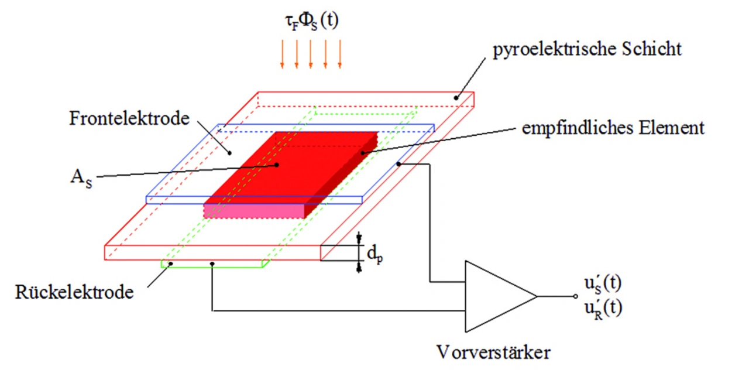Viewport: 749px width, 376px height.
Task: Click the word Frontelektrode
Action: point(129,118)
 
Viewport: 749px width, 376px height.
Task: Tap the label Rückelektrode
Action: point(74,292)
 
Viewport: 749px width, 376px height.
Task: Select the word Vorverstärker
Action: point(493,352)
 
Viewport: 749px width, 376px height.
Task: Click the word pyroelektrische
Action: point(554,50)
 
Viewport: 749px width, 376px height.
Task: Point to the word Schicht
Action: point(652,49)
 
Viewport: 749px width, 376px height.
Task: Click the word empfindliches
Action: point(578,128)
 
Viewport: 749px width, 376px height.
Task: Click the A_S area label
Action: point(81,178)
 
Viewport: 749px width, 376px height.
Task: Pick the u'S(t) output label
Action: point(603,283)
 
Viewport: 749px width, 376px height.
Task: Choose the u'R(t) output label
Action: point(603,308)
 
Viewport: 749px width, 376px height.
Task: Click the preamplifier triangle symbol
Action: point(500,296)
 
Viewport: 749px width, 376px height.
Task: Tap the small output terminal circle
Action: point(575,296)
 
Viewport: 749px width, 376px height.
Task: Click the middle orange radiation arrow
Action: point(311,54)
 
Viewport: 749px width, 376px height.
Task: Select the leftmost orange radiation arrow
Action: point(282,54)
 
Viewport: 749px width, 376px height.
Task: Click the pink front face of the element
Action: point(254,211)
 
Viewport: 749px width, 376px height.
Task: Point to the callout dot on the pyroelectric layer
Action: point(456,98)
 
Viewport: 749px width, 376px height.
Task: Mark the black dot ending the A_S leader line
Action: point(277,165)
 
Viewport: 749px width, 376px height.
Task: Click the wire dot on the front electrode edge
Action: point(398,164)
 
